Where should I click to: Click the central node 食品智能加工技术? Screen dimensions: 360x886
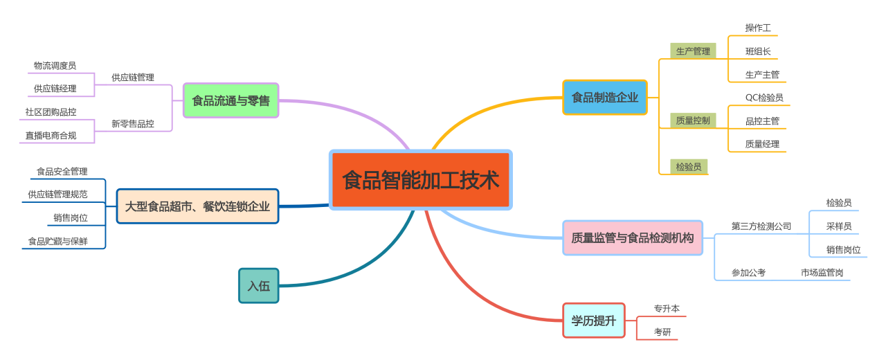point(420,180)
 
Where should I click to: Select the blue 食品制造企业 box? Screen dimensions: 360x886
point(604,98)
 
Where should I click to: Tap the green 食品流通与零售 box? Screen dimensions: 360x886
point(230,100)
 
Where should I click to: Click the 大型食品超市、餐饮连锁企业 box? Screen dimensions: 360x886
point(197,206)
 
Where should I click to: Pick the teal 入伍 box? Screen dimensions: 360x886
point(258,286)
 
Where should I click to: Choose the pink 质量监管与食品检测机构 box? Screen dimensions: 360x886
point(632,238)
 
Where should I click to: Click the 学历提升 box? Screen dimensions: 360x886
point(593,321)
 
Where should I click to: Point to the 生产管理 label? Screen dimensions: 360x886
point(693,51)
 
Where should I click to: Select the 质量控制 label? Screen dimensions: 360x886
point(693,120)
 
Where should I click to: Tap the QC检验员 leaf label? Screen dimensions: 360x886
point(764,98)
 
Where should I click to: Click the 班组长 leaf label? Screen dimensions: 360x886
point(758,51)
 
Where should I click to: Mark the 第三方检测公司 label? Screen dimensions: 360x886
point(761,226)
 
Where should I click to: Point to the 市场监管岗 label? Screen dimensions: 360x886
point(822,273)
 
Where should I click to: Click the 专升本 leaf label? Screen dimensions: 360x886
point(667,309)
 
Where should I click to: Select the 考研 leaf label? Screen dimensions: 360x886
point(662,332)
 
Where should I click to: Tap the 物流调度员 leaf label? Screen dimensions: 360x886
point(55,66)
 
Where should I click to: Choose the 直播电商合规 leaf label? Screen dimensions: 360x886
point(51,136)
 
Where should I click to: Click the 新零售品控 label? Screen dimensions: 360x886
point(133,124)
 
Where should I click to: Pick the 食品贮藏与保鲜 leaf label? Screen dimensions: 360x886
point(57,242)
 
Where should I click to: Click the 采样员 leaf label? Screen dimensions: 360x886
point(839,226)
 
